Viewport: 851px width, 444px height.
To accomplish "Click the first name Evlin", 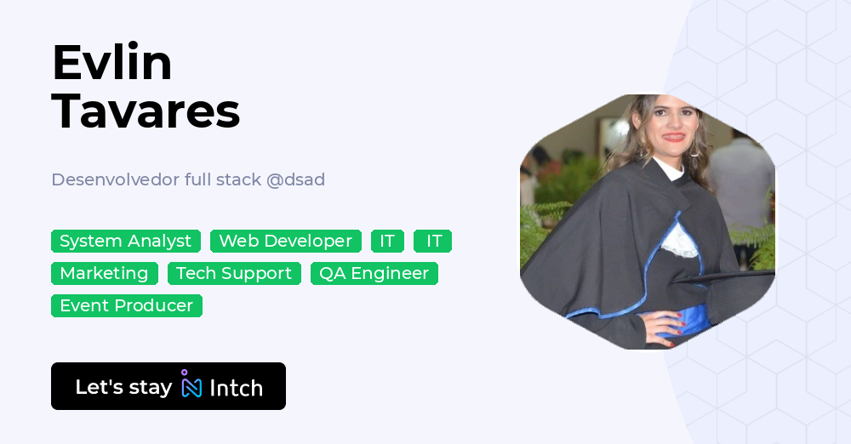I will [111, 63].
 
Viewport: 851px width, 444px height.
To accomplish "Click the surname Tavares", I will [146, 111].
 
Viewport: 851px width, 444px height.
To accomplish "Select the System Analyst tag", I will [126, 242].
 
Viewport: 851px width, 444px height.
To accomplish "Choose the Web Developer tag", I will [285, 242].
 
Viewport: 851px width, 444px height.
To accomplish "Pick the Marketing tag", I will [104, 274].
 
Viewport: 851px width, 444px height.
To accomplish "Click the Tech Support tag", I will [234, 274].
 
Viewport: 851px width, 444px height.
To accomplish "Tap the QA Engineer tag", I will [374, 274].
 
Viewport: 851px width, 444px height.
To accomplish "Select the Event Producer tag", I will [127, 306].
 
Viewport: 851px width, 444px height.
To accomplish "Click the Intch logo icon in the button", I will [191, 385].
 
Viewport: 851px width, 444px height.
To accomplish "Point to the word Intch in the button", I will [236, 388].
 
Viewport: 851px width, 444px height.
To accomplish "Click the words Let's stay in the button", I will [123, 387].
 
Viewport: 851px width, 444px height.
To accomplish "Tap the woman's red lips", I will [673, 136].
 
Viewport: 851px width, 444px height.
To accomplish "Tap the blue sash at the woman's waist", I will [694, 319].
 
